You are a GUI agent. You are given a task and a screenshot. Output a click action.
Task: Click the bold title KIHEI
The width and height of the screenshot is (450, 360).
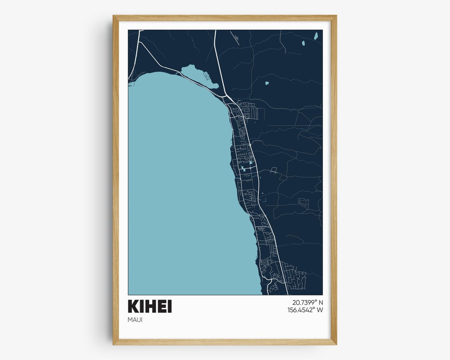pyautogui.click(x=150, y=306)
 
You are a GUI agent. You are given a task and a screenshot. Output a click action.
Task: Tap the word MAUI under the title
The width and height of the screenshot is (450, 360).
pyautogui.click(x=136, y=320)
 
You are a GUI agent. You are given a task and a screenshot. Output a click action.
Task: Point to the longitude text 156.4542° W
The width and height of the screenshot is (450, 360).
pyautogui.click(x=305, y=310)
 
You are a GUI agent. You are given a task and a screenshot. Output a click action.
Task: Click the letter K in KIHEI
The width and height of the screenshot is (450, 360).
pyautogui.click(x=133, y=306)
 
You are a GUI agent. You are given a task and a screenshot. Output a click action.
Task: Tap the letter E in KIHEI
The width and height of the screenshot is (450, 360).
pyautogui.click(x=160, y=306)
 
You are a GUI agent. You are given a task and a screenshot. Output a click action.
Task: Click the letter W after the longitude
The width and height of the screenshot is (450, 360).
pyautogui.click(x=320, y=310)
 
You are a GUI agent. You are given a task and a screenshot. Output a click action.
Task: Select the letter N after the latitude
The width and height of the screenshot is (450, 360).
pyautogui.click(x=320, y=302)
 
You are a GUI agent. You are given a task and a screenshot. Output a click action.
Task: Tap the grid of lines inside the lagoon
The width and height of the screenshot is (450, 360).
pyautogui.click(x=206, y=76)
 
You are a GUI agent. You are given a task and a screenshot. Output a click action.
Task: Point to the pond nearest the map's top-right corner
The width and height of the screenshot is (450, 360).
pyautogui.click(x=316, y=36)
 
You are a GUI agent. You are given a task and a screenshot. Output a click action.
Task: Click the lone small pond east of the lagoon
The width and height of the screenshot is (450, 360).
pyautogui.click(x=267, y=83)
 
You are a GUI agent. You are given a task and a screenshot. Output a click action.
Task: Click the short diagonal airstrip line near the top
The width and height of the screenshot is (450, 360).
pyautogui.click(x=234, y=37)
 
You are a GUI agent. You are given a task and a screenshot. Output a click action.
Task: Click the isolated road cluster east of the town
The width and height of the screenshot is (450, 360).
pyautogui.click(x=303, y=203)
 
